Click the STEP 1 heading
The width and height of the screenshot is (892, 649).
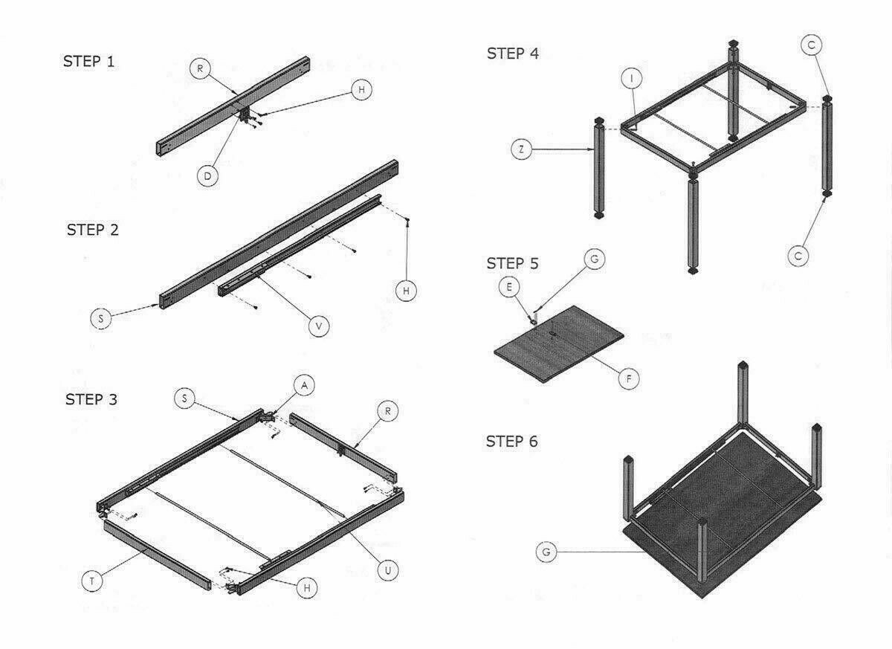click(88, 61)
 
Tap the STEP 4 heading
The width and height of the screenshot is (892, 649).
click(512, 53)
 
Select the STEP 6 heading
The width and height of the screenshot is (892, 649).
click(511, 442)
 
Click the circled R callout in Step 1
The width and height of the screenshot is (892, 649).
click(199, 69)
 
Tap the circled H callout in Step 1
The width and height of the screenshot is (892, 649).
click(361, 89)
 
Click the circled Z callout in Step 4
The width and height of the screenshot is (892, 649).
click(522, 149)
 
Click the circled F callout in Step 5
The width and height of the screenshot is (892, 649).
click(629, 378)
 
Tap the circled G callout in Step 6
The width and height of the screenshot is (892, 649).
click(546, 552)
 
